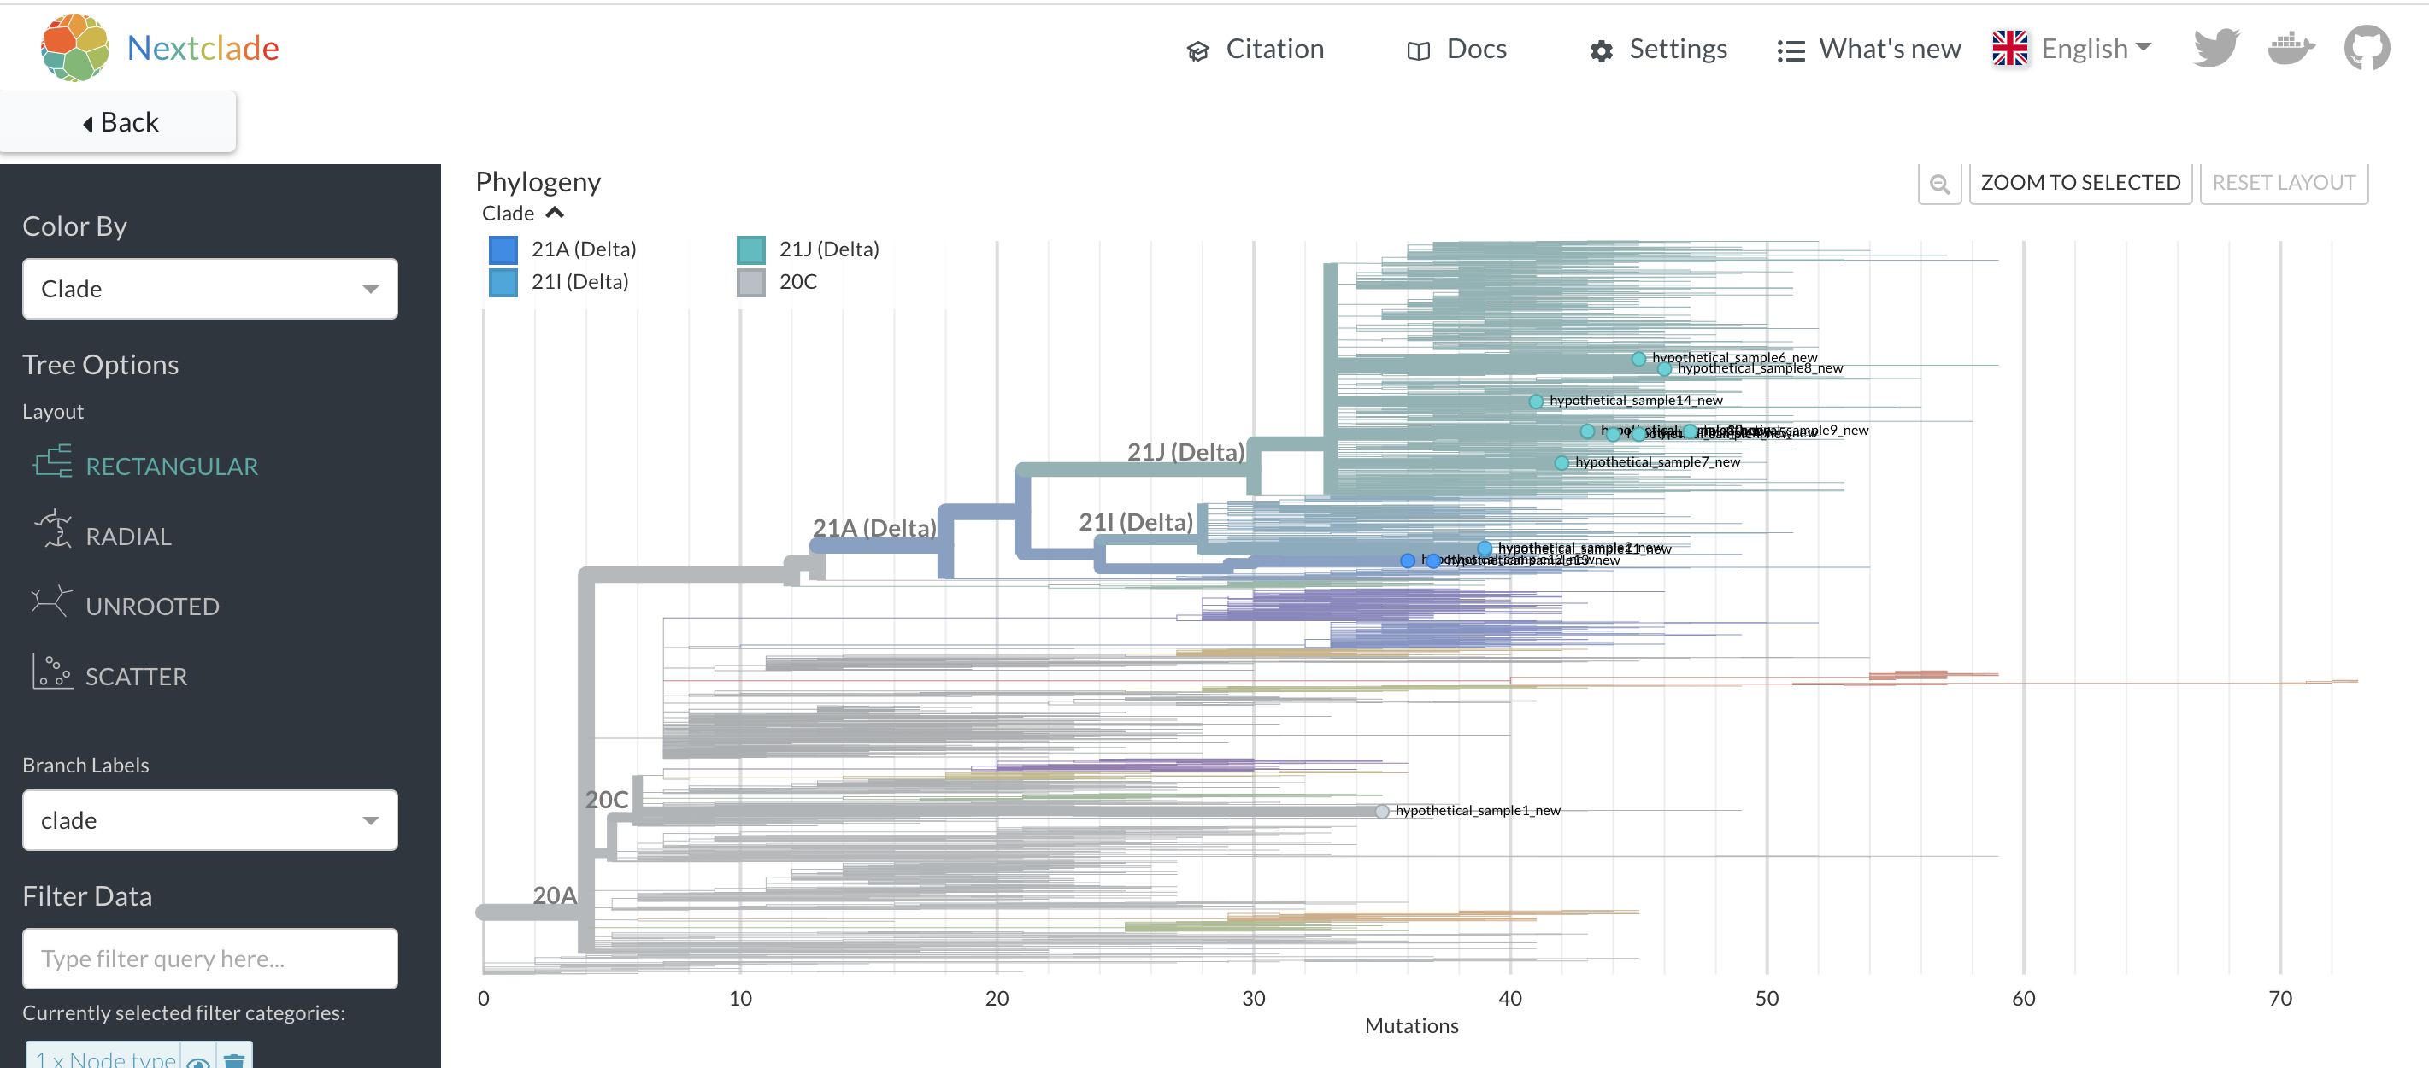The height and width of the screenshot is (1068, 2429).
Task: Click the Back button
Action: pos(119,122)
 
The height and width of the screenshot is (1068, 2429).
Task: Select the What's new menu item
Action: pos(1869,49)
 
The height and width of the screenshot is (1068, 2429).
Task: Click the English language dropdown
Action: pos(2073,49)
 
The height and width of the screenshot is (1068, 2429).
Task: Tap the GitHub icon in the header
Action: pos(2366,48)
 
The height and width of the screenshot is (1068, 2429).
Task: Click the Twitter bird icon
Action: pos(2215,48)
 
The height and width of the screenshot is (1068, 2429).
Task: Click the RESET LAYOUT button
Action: pos(2283,183)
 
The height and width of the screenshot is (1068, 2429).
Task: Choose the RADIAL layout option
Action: pos(128,537)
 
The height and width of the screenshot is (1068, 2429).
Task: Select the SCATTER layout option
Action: pos(136,677)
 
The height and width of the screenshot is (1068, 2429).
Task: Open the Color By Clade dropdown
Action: pos(209,290)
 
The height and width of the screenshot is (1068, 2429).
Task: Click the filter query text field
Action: pos(209,959)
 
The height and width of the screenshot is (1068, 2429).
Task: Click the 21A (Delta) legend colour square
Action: pos(503,249)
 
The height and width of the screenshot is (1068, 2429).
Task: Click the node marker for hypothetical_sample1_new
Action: pos(1381,812)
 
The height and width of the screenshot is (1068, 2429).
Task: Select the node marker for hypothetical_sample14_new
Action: pos(1535,402)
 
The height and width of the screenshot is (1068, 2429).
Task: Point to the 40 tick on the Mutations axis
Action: pos(1509,998)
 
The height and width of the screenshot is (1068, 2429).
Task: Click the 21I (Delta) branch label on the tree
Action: pos(1135,522)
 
